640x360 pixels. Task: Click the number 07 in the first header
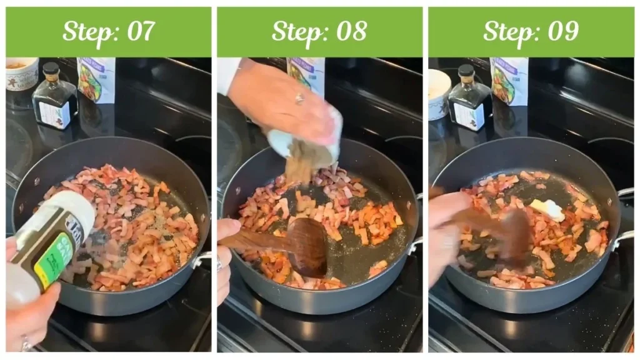tap(137, 31)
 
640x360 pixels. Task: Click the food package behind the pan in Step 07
tap(96, 79)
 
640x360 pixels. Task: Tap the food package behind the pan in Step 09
tap(509, 81)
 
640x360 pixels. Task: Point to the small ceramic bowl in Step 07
tap(22, 75)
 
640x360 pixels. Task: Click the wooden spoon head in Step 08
tap(307, 244)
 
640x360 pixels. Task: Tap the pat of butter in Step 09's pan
tap(547, 210)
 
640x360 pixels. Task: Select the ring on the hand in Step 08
tap(299, 98)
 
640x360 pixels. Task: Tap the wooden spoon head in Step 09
tap(516, 234)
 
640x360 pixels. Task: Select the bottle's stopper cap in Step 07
tap(51, 68)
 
